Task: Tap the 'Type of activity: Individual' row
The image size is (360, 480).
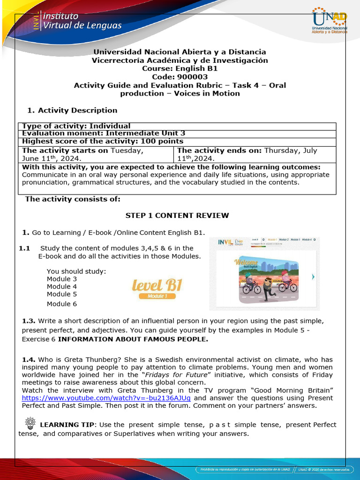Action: tap(76, 126)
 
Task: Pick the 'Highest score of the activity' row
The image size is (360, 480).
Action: tap(103, 141)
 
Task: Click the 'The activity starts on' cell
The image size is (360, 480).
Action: tap(96, 154)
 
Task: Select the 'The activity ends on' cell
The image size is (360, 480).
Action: tap(255, 154)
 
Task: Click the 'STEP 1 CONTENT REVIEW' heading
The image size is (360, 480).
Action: tap(177, 216)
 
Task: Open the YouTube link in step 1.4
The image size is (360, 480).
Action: tap(106, 398)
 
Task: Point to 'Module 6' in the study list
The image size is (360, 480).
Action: tap(62, 304)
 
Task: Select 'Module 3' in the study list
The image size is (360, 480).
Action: tap(62, 279)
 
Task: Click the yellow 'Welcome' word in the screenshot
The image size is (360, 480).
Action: tap(247, 262)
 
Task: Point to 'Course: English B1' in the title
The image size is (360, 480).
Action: tap(180, 68)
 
